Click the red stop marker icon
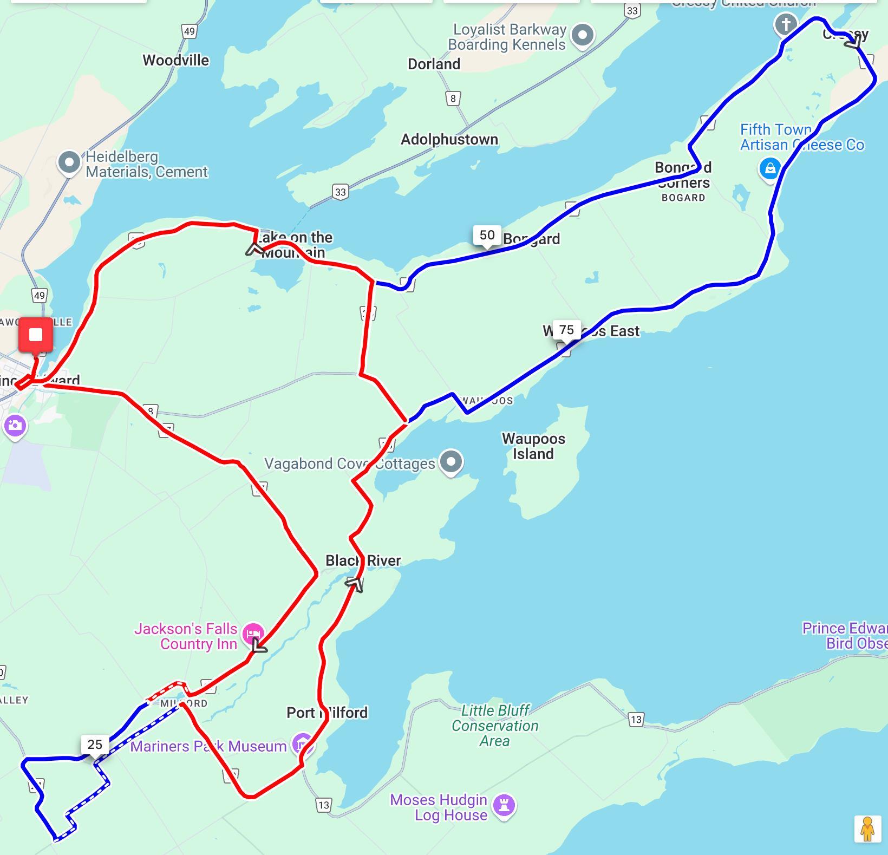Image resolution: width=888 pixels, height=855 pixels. pos(36,335)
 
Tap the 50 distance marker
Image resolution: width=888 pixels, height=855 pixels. pos(487,235)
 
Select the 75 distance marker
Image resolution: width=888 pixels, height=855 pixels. pos(566,330)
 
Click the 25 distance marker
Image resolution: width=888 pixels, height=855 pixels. pos(95,745)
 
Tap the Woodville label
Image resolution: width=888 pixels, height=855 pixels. pos(175,60)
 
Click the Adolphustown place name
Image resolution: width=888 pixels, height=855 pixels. pos(449,140)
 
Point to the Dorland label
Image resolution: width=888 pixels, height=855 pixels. pos(434,64)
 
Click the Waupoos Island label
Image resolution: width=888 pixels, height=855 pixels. pos(533,446)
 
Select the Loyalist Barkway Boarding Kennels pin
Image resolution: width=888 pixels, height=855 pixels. pos(583,35)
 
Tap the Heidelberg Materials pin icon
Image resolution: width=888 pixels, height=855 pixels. pos(69,162)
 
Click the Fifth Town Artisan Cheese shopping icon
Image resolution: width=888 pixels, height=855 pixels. pos(769,168)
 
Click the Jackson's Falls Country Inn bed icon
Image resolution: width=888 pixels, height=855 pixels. pos(253,633)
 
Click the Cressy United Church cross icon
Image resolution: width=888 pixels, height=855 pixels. pos(786,24)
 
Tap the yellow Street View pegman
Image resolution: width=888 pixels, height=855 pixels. pos(867,828)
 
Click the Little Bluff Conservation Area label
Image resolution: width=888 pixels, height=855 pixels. pos(495,726)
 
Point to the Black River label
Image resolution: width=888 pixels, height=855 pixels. pos(363,560)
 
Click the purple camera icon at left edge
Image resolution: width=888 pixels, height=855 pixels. pos(15,426)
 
